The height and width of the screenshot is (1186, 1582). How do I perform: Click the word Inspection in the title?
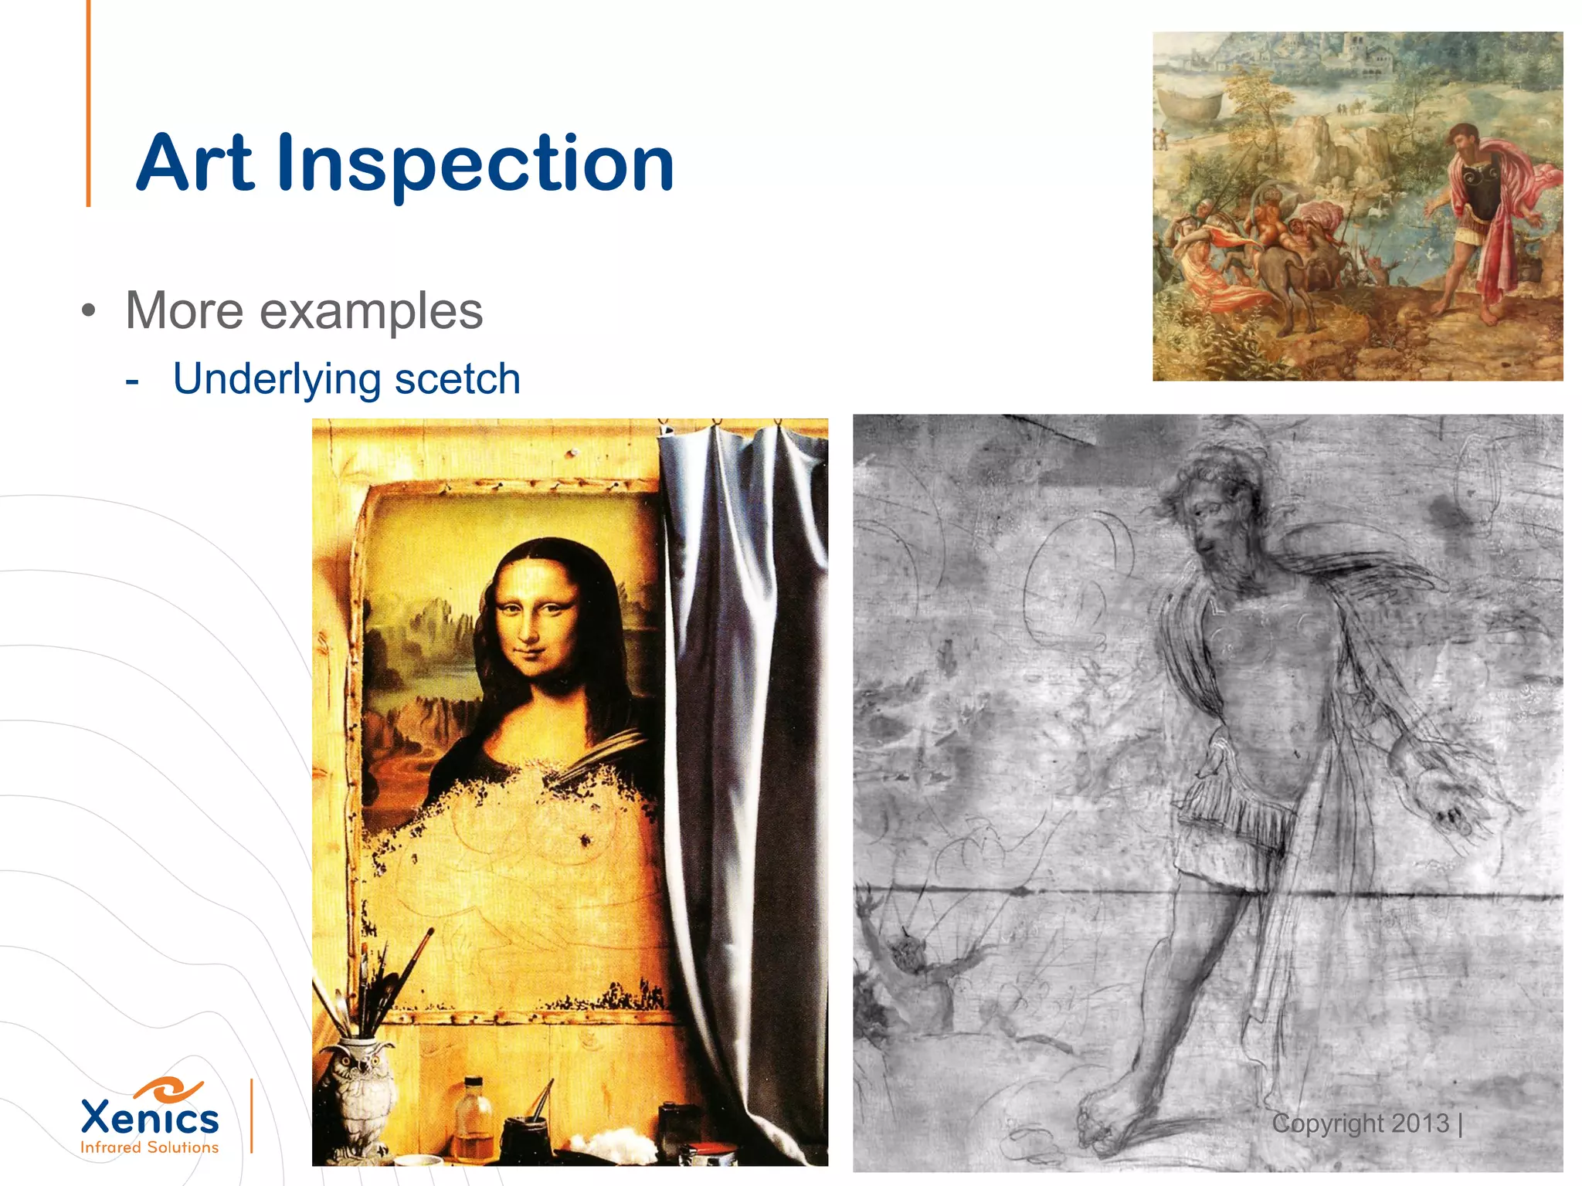click(475, 164)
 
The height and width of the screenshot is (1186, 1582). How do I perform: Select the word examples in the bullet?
click(371, 311)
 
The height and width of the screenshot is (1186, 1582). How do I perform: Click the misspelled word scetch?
click(457, 379)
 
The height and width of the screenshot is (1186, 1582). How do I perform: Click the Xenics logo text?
click(150, 1117)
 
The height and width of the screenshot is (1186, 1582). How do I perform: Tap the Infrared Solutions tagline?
click(150, 1147)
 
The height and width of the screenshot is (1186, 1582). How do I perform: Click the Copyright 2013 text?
click(1361, 1123)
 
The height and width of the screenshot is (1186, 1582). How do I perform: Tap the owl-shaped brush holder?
click(357, 1096)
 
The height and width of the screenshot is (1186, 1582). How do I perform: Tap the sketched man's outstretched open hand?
click(1445, 803)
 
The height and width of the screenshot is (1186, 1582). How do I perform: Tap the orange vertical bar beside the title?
click(88, 104)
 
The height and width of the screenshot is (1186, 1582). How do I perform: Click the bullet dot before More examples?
click(90, 312)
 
